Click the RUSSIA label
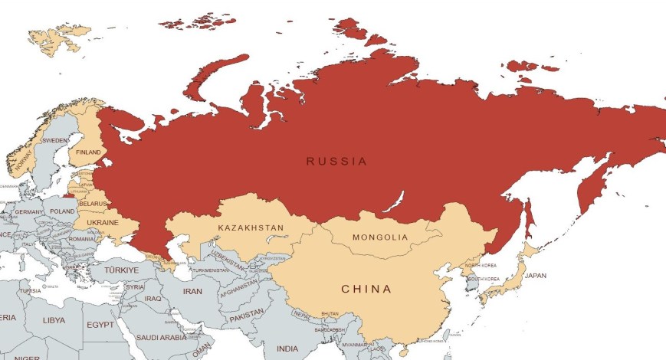pyautogui.click(x=336, y=162)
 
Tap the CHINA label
pyautogui.click(x=366, y=290)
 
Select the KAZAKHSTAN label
pyautogui.click(x=251, y=228)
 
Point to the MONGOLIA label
pyautogui.click(x=380, y=237)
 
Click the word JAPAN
pyautogui.click(x=536, y=276)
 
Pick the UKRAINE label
pyautogui.click(x=103, y=222)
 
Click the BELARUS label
pyautogui.click(x=93, y=204)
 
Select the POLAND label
pyautogui.click(x=63, y=211)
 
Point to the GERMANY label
pyautogui.click(x=29, y=212)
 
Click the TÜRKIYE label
pyautogui.click(x=122, y=270)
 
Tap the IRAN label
pyautogui.click(x=192, y=292)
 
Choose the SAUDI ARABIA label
pyautogui.click(x=162, y=337)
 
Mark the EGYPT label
pyautogui.click(x=100, y=325)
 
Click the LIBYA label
pyautogui.click(x=54, y=319)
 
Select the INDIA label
pyautogui.click(x=287, y=349)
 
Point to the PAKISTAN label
pyautogui.click(x=245, y=316)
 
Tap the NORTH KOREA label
pyautogui.click(x=481, y=265)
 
